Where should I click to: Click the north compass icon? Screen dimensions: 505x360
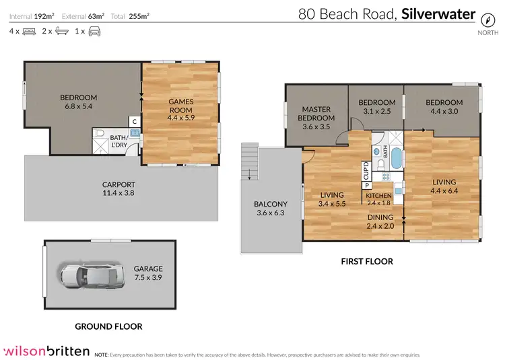click(x=487, y=20)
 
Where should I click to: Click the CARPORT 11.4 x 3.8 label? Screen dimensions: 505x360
click(x=119, y=189)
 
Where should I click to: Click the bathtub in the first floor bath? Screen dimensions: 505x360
click(x=396, y=158)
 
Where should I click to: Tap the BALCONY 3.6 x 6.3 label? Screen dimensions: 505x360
click(x=271, y=209)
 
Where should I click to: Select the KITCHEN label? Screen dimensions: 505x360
click(x=378, y=196)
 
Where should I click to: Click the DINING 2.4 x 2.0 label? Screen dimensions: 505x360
click(x=380, y=221)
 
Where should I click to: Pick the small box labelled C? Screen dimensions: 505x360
click(x=135, y=121)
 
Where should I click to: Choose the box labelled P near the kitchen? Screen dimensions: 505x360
click(x=367, y=185)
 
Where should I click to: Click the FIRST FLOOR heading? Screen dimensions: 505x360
click(x=367, y=262)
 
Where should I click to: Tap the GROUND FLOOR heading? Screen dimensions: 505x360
click(x=108, y=326)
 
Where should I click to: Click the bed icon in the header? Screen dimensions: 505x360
click(x=30, y=32)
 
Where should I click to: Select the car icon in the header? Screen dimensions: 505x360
click(x=94, y=32)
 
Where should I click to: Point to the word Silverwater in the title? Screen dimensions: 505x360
click(x=438, y=14)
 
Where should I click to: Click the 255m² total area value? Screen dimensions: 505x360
click(x=139, y=16)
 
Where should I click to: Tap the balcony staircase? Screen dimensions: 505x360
click(x=250, y=161)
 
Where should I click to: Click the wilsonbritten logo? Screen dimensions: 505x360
click(x=46, y=351)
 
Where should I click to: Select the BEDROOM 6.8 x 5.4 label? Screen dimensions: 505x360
click(x=79, y=102)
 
